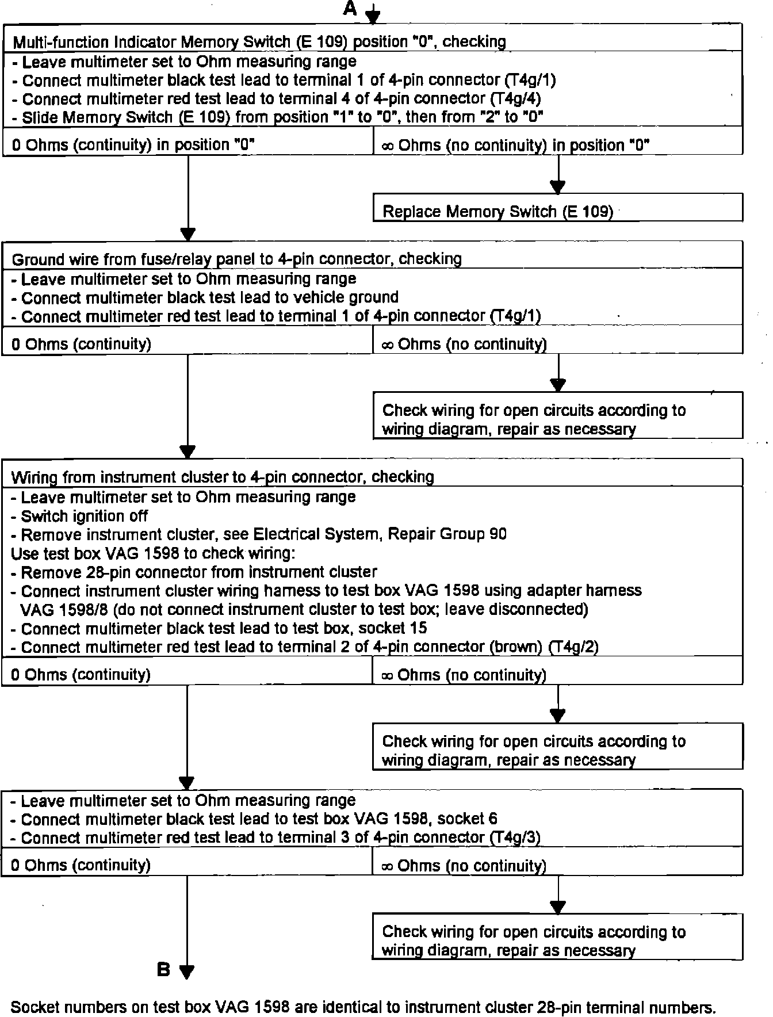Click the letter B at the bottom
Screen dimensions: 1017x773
pos(164,970)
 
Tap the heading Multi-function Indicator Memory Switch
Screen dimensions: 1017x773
pos(259,42)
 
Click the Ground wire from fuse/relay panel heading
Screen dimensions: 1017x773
pos(236,259)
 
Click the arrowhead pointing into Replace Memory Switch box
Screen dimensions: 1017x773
pos(558,186)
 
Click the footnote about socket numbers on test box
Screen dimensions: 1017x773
pos(363,1007)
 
